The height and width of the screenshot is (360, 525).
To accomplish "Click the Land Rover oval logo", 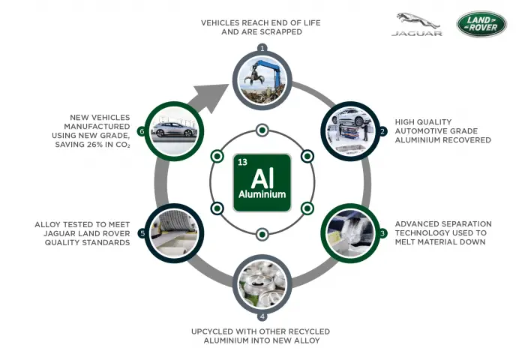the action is coord(481,24).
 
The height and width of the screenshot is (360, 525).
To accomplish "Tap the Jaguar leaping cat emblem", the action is coord(417,20).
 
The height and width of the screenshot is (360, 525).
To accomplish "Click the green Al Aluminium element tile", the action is coord(262,182).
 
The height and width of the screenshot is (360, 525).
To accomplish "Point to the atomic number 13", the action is coord(242,162).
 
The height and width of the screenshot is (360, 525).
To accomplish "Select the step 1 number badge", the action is coord(262,48).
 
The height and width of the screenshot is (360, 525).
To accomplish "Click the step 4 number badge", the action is coord(262,316).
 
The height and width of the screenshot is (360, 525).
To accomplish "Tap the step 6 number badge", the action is coord(142,131).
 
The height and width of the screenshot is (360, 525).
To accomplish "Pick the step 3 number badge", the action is coord(382,233).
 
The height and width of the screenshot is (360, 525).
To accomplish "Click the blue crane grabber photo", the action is coord(262,80).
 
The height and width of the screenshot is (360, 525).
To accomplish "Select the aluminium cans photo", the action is coord(262,284).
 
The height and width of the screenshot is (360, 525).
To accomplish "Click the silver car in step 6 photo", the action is coord(173,130).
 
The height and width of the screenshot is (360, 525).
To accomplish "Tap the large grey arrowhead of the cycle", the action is coord(209,97).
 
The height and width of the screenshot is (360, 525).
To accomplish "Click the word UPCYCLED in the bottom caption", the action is coord(211,331).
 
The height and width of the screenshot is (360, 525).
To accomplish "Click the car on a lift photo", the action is coord(350,131).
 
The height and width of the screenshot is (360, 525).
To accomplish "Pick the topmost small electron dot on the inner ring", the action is coord(262,130).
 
